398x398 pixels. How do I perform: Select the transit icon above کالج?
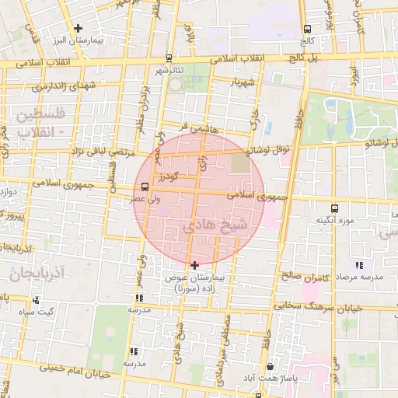click(308, 30)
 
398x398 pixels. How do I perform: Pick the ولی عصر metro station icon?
click(145, 187)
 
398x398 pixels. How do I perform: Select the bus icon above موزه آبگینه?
click(334, 208)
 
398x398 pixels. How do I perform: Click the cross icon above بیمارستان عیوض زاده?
click(194, 265)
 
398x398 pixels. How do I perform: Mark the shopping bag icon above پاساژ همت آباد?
click(269, 366)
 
